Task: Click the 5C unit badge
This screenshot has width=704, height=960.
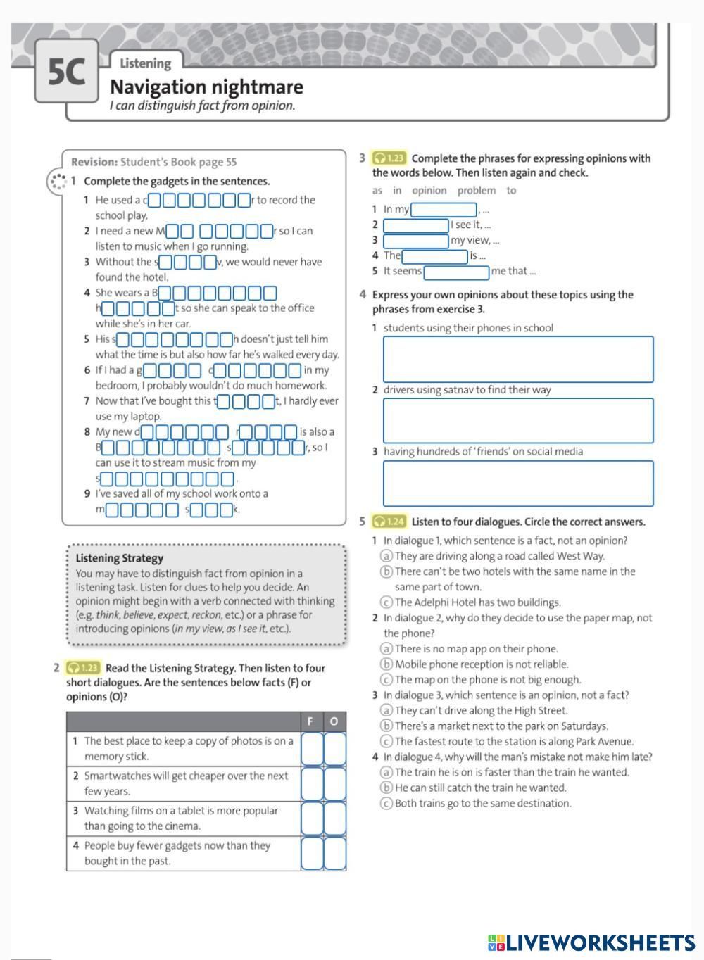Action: coord(66,71)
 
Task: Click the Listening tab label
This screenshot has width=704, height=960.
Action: coord(145,63)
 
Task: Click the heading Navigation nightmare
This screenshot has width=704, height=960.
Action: coord(206,87)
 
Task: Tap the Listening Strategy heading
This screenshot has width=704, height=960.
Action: coord(119,558)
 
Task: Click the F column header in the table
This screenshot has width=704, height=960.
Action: coord(310,721)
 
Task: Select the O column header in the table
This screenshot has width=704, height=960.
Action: coord(334,721)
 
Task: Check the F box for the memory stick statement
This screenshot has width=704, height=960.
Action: coord(312,749)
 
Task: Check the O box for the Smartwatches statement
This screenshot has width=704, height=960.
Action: coord(335,783)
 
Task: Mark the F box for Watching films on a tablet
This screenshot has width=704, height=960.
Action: coord(312,819)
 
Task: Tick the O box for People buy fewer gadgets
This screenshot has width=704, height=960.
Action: coord(335,853)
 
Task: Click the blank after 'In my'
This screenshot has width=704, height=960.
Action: coord(444,210)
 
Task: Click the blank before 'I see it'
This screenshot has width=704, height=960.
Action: coord(415,225)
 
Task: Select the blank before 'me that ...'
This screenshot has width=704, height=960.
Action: coord(456,272)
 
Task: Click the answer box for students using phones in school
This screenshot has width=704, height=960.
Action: coord(517,359)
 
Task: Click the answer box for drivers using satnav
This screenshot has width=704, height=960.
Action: coord(517,421)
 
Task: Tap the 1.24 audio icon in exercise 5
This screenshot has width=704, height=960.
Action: coord(389,522)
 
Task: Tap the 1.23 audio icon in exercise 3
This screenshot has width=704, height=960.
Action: coord(389,158)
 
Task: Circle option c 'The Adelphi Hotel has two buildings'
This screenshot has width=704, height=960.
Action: coord(386,602)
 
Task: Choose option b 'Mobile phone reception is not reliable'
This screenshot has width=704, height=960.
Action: coord(386,664)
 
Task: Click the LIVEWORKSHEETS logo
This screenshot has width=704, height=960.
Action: coord(591,943)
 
